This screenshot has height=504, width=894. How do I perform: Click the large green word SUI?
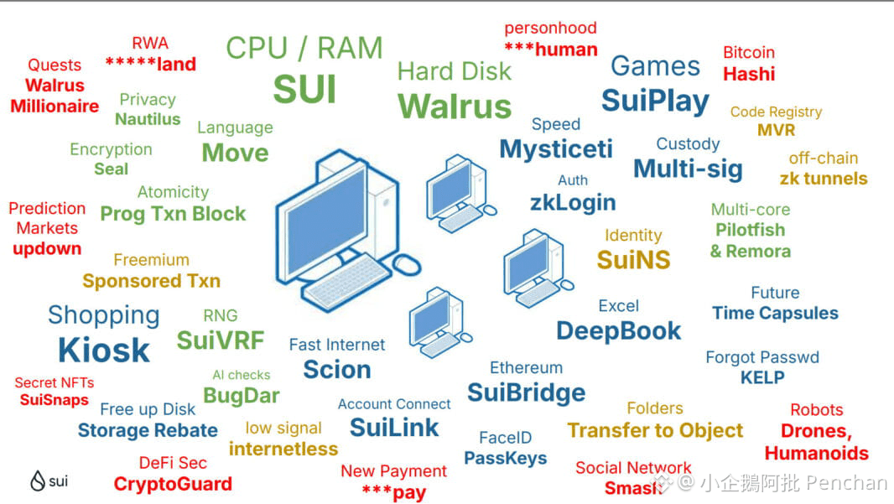[304, 89]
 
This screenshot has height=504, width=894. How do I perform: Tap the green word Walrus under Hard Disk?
[454, 107]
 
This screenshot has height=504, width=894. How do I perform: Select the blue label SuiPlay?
[655, 101]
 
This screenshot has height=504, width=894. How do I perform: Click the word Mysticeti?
[556, 149]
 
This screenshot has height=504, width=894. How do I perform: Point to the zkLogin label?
[573, 202]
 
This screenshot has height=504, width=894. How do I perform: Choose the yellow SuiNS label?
[633, 260]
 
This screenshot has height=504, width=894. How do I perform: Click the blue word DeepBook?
[618, 330]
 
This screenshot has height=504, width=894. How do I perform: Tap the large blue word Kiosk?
[103, 350]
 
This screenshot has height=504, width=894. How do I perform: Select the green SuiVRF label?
[220, 340]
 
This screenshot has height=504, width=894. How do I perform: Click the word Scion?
[336, 369]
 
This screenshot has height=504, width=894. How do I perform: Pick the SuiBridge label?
[526, 392]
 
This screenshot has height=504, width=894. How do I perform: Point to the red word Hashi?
[748, 74]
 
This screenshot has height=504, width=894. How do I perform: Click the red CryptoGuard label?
[173, 484]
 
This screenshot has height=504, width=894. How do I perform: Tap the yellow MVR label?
[776, 130]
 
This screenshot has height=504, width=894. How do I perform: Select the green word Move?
[235, 153]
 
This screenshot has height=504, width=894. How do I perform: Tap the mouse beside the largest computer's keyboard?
[407, 264]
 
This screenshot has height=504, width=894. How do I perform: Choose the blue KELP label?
[761, 377]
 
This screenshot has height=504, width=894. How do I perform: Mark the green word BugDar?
[242, 395]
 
